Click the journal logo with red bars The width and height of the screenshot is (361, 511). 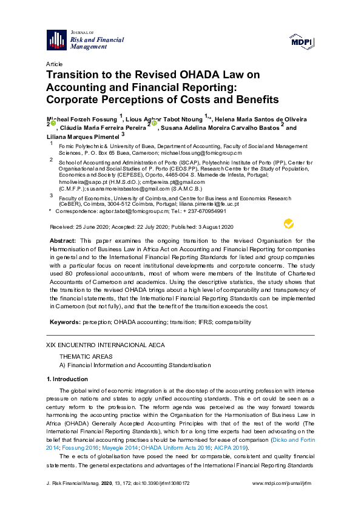[56, 40]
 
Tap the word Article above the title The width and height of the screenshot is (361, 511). [54, 64]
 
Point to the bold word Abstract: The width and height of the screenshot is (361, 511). [62, 241]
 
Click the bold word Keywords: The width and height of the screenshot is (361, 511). [64, 322]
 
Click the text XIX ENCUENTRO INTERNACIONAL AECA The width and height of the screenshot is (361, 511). [105, 345]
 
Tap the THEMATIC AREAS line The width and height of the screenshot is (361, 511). [85, 356]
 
